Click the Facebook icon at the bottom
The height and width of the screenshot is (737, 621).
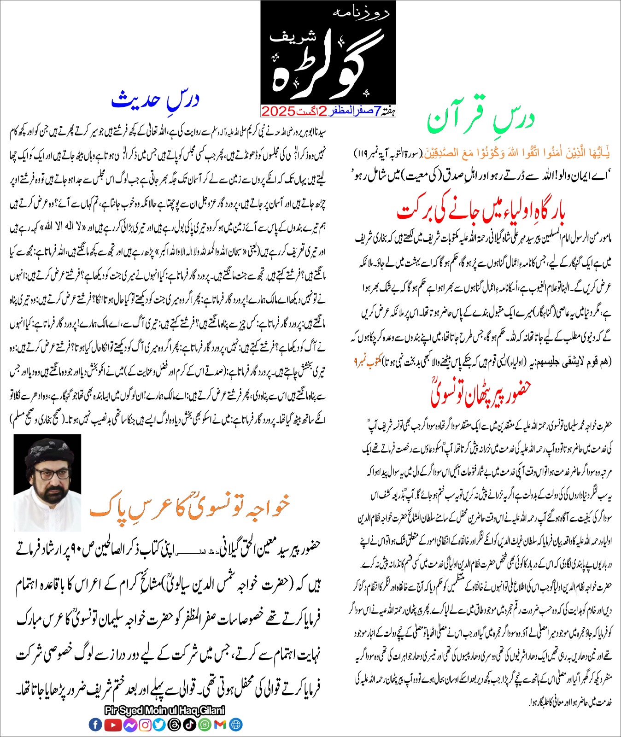[x=95, y=725]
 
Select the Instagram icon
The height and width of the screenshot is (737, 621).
[x=145, y=725]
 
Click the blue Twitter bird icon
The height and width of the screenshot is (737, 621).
[x=159, y=725]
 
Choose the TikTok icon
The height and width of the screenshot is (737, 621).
[x=190, y=725]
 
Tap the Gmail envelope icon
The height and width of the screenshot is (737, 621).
[x=220, y=725]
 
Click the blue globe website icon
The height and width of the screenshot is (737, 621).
[x=235, y=725]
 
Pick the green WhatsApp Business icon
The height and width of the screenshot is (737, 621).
[x=205, y=725]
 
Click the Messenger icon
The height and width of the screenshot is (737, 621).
[x=129, y=725]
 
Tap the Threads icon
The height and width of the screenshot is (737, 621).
[x=175, y=725]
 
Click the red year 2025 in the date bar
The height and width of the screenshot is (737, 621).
[x=278, y=111]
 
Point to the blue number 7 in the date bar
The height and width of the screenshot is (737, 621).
[x=378, y=111]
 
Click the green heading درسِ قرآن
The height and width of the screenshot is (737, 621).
[x=480, y=118]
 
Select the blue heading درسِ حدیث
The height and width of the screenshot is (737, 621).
[x=155, y=100]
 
